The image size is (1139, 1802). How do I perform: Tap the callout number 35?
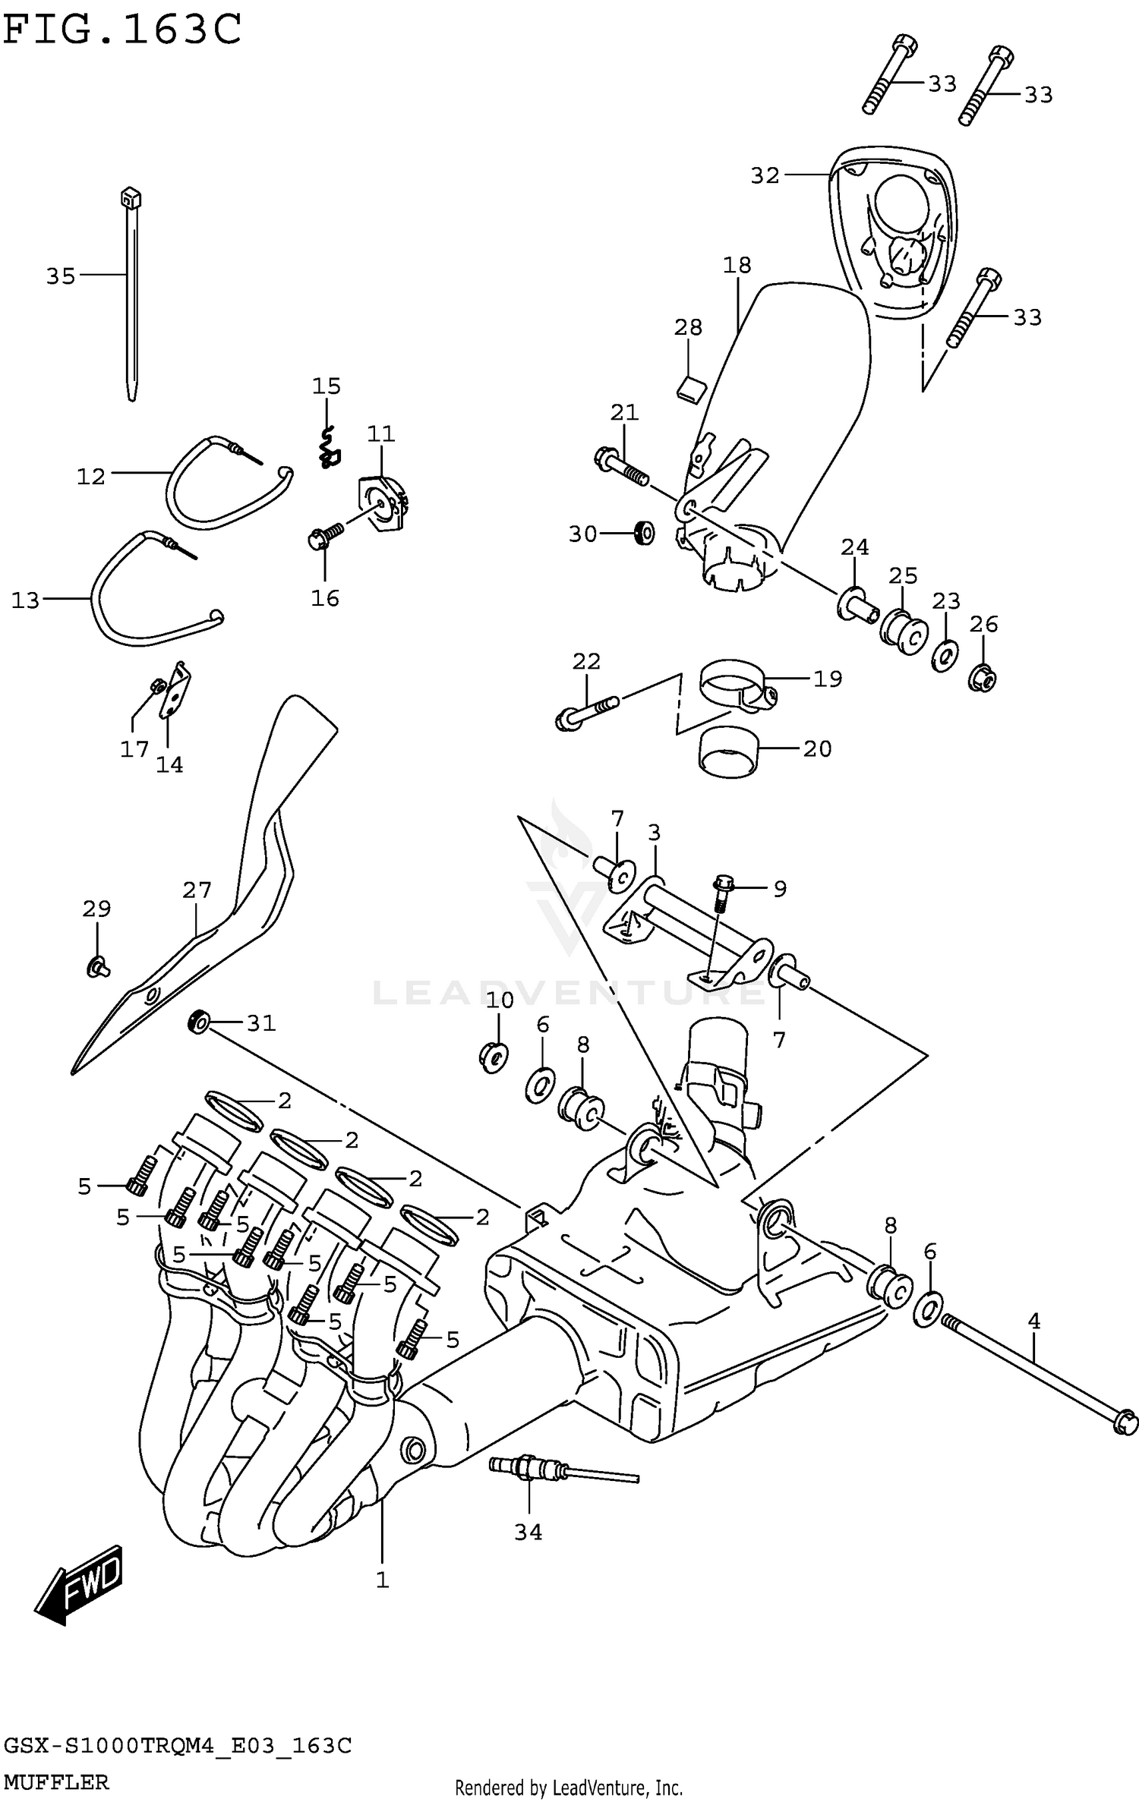(61, 276)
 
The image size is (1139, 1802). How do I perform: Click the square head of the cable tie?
(131, 199)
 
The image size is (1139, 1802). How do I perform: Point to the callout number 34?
(528, 1532)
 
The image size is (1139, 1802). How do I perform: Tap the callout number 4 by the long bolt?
(1033, 1322)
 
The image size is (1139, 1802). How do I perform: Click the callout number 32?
(765, 175)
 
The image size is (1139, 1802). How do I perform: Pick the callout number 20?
(817, 748)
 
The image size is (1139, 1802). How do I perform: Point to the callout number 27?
(197, 890)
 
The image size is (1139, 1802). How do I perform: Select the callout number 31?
(260, 1023)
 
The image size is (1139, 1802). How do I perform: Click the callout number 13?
(25, 600)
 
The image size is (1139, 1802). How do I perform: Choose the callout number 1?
(382, 1580)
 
